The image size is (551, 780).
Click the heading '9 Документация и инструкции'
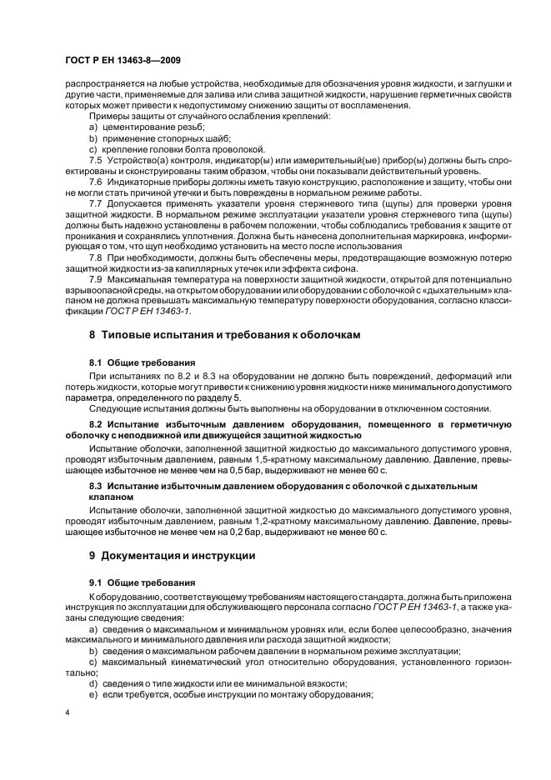[x=178, y=555]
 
